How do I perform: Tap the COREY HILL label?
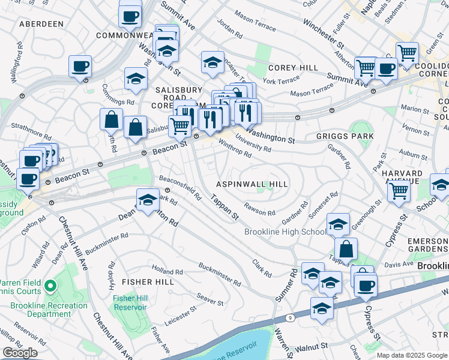tap(294, 68)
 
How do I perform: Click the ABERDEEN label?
tap(41, 24)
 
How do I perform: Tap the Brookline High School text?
tap(285, 232)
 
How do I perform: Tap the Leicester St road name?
tap(181, 317)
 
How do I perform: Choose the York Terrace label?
tap(280, 80)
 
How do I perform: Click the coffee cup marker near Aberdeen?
tap(80, 67)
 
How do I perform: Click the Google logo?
tap(20, 352)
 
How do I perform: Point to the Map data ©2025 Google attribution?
tap(412, 355)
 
